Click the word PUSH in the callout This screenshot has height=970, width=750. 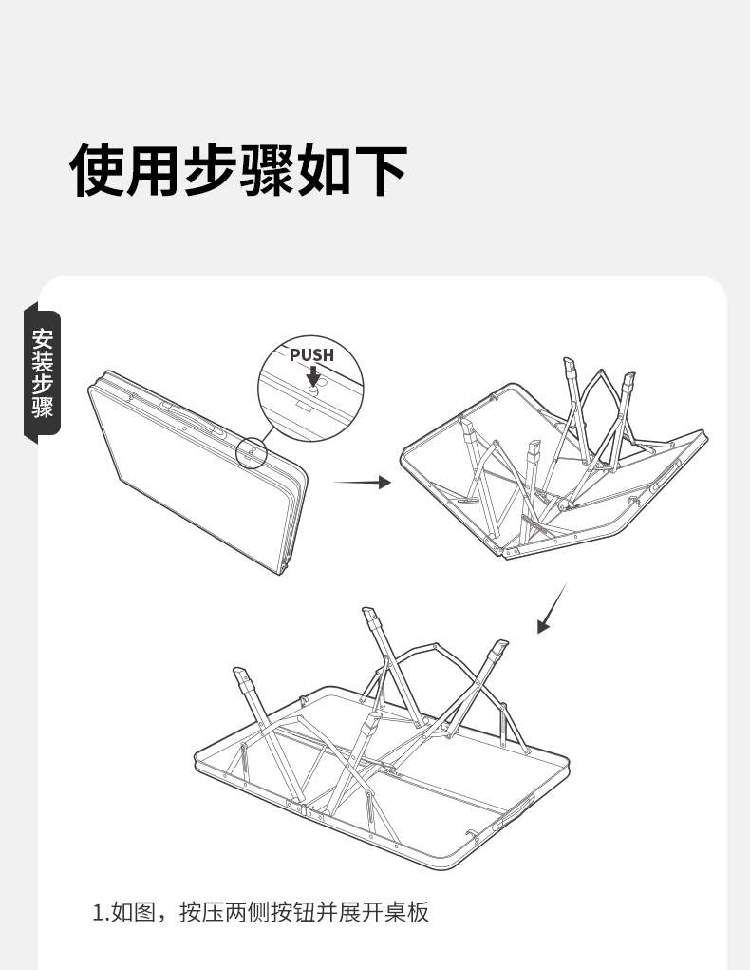tap(311, 354)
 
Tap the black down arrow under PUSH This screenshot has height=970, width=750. tap(313, 375)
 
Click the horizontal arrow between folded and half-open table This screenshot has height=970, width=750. tap(363, 482)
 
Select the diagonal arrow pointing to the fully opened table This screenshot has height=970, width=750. tap(552, 608)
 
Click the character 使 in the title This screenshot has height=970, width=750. tap(98, 169)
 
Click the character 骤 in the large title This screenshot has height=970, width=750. tap(268, 169)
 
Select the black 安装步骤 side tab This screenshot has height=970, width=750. tap(42, 373)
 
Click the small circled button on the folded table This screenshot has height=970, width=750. tap(252, 452)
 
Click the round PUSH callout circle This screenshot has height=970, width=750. tap(310, 389)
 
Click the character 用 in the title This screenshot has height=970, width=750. tap(154, 169)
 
